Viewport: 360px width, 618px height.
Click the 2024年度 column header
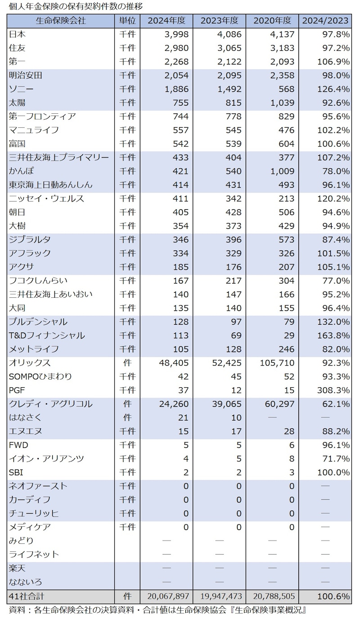pos(166,21)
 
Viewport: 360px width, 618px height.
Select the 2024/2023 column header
pos(325,21)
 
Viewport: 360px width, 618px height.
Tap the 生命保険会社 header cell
pos(60,21)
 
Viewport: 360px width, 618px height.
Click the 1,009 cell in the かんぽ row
pos(283,171)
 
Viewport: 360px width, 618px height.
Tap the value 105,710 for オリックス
pos(277,363)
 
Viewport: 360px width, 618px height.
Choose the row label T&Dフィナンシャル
pos(47,335)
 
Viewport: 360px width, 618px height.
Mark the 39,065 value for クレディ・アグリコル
pos(227,404)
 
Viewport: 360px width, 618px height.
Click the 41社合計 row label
pos(26,596)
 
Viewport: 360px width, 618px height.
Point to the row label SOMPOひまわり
pos(40,376)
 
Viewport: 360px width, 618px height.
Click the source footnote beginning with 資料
pos(157,610)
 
